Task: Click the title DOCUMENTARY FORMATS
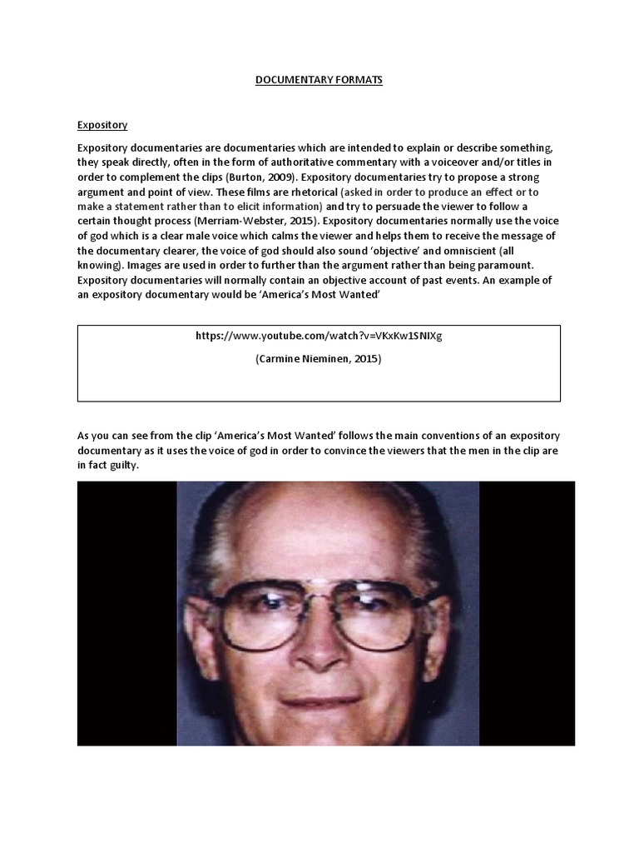pos(319,80)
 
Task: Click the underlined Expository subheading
pos(102,125)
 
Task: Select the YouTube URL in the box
pos(319,336)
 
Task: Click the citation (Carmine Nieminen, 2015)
pos(319,361)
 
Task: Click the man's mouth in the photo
pos(321,701)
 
